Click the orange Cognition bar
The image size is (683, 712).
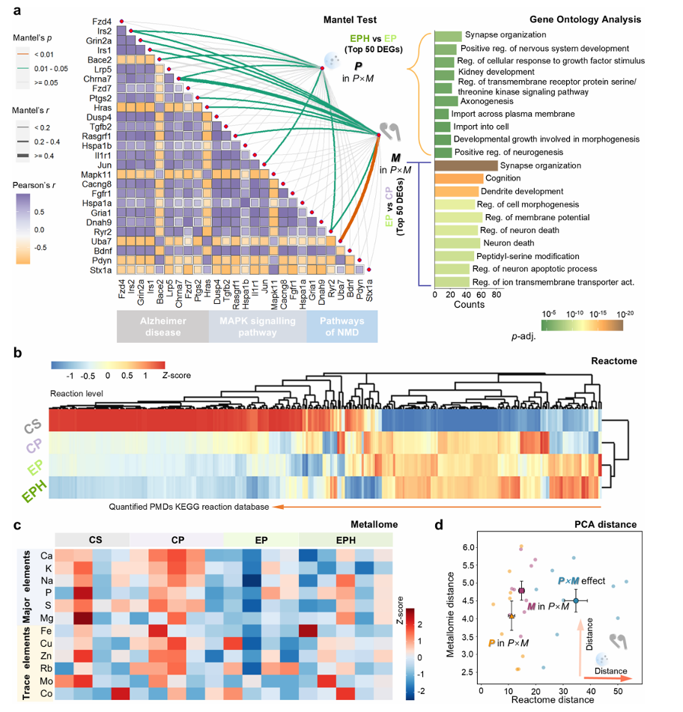(x=458, y=178)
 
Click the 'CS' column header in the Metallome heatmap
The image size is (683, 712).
(x=96, y=538)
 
